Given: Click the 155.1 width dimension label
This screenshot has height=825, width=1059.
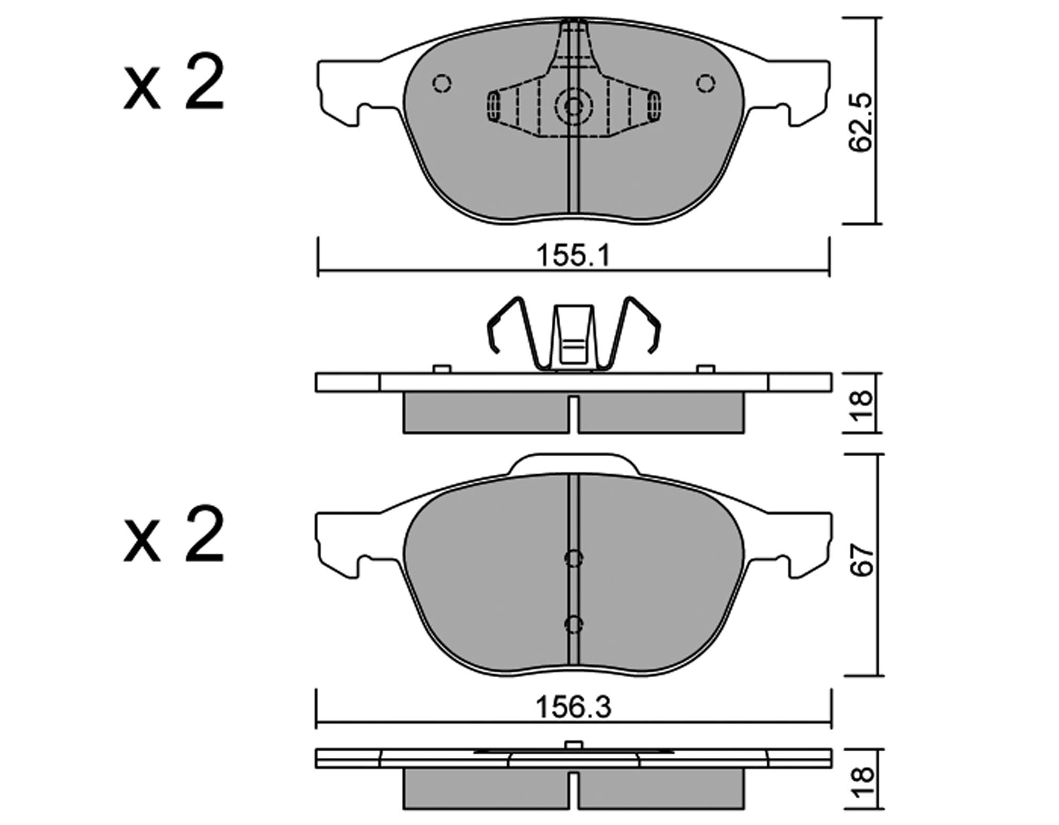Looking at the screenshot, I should (x=573, y=256).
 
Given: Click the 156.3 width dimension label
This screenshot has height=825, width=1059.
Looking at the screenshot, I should (x=573, y=707).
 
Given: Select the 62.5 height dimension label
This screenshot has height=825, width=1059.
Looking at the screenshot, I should (x=861, y=123).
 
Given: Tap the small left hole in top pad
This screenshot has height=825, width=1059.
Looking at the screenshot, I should (x=442, y=84).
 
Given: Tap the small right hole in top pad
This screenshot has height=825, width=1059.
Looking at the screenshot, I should (x=705, y=84).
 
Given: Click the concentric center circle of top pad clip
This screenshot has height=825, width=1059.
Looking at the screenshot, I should (x=573, y=107).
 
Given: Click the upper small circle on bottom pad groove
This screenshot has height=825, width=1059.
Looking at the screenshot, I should (x=573, y=558).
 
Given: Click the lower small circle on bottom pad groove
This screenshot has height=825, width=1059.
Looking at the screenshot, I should (x=573, y=624).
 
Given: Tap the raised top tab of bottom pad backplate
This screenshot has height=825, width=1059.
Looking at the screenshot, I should (x=573, y=463).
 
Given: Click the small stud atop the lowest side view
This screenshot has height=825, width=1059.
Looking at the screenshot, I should (x=573, y=744).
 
